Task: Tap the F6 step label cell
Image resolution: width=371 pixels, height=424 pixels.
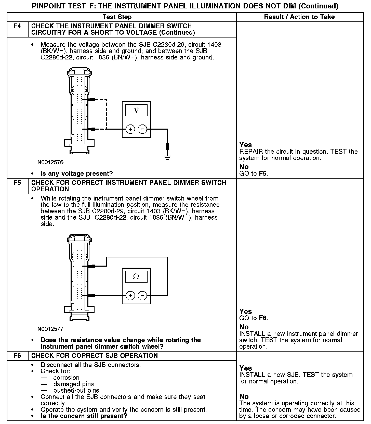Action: click(17, 356)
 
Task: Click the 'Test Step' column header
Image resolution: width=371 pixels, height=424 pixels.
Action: click(117, 17)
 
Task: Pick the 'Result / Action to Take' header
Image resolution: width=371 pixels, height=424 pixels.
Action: click(299, 17)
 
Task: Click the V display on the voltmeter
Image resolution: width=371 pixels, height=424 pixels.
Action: click(136, 110)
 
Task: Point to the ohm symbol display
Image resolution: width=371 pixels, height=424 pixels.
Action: click(136, 277)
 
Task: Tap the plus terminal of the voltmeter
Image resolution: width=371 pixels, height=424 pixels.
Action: click(130, 129)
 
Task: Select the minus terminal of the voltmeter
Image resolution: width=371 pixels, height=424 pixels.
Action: click(142, 129)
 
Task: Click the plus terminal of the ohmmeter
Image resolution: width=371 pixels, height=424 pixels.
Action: click(130, 296)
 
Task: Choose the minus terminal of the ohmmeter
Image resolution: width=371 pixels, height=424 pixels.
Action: click(142, 296)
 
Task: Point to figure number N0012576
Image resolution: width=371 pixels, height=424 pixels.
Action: click(50, 162)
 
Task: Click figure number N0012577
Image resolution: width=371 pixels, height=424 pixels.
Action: click(50, 329)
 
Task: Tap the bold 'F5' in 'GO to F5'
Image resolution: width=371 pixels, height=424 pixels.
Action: click(263, 174)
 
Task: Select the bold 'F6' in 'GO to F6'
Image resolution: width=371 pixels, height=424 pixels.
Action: click(263, 318)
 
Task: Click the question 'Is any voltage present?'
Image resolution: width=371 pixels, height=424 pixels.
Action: click(77, 174)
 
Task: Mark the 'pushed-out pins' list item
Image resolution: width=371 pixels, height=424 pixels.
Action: click(76, 391)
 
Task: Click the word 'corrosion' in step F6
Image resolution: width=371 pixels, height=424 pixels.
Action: click(67, 378)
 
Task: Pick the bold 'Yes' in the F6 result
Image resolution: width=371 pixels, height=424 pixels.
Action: click(246, 368)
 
